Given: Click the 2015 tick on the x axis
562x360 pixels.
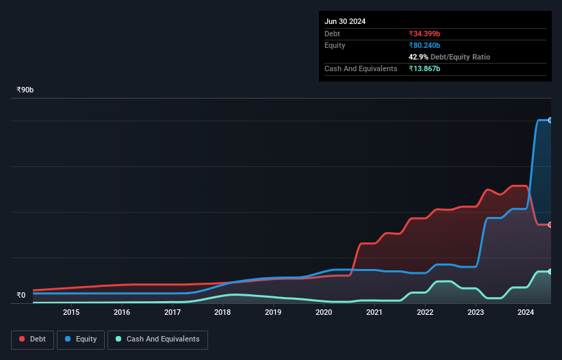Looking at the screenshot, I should click(x=71, y=313).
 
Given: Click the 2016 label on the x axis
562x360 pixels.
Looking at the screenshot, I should click(x=122, y=313).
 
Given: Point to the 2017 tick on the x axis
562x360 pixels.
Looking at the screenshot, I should click(x=173, y=313).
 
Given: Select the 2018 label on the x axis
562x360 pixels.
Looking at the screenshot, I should click(x=222, y=313).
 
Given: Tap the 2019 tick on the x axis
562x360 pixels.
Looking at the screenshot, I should click(x=273, y=313).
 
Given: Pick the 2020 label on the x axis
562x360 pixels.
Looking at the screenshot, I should click(x=324, y=313).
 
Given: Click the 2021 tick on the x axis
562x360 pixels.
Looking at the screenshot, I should click(x=374, y=313).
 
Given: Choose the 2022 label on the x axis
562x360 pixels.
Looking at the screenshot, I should click(x=425, y=313).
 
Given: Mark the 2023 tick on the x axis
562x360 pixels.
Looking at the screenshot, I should click(x=475, y=313).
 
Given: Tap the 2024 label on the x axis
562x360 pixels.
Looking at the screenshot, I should click(x=526, y=313).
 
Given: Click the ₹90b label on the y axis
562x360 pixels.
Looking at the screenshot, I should click(x=25, y=90).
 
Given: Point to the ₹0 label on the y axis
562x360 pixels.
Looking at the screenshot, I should click(x=21, y=296).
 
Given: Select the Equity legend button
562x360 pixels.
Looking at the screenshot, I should click(x=81, y=339).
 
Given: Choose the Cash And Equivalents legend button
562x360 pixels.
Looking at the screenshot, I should click(x=157, y=339).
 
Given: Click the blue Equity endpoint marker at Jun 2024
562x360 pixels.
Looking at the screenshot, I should click(x=550, y=120).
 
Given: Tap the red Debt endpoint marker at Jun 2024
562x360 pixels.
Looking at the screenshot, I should click(x=550, y=224).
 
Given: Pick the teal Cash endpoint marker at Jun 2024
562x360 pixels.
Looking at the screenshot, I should click(x=550, y=272).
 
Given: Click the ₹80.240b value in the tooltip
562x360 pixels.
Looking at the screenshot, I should click(x=424, y=45).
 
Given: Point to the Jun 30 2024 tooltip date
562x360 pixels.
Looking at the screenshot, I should click(x=345, y=21).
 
